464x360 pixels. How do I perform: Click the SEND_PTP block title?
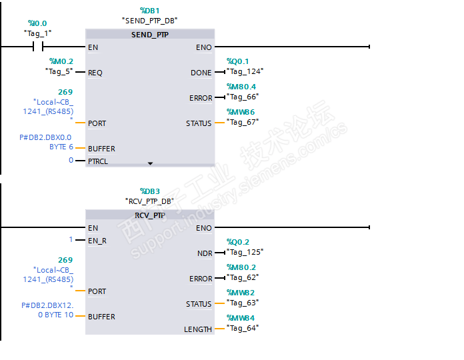150,35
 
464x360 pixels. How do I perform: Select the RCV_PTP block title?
150,215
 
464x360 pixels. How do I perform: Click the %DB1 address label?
149,11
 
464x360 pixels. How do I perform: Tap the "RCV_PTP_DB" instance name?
149,201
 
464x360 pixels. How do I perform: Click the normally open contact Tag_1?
38,47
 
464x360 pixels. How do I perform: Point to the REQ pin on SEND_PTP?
95,73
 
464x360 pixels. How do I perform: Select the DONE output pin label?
201,73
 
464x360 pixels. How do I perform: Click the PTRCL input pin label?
97,161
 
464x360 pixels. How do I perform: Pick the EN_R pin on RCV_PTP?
97,240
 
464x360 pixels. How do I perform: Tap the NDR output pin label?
205,253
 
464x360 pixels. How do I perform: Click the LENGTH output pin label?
198,329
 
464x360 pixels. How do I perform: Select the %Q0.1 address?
237,61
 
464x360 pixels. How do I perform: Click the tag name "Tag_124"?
245,71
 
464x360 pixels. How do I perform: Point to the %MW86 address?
241,112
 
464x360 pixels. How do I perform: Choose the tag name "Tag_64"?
243,327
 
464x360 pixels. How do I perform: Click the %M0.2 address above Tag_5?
61,61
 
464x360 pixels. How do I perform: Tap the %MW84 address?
241,318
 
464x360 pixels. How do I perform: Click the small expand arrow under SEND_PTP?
150,163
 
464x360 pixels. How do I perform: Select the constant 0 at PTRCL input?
71,161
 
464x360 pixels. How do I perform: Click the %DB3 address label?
149,191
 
